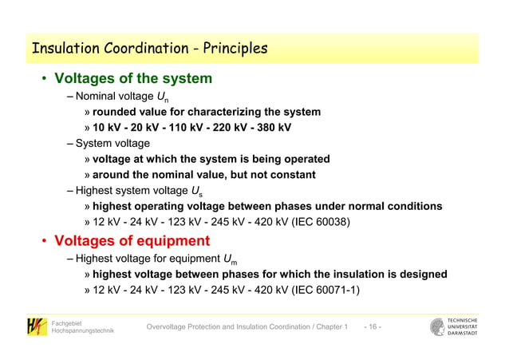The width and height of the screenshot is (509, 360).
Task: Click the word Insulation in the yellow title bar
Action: [62, 49]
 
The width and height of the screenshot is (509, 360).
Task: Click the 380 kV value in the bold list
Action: [272, 128]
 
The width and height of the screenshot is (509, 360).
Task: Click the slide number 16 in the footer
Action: [373, 327]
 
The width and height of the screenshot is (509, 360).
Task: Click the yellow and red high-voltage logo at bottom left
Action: [36, 326]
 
